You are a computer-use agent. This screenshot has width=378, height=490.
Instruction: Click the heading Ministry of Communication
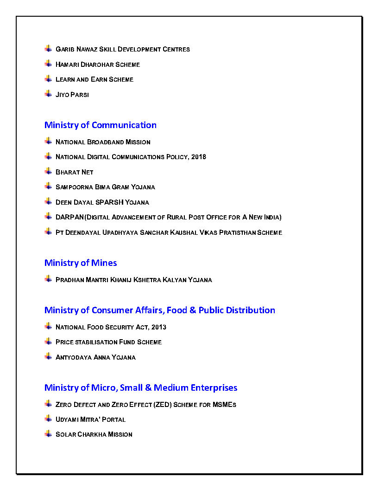click(x=101, y=125)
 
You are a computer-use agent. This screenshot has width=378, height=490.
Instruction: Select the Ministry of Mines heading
click(x=81, y=263)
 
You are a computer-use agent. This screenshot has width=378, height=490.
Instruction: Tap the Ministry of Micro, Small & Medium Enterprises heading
click(x=141, y=387)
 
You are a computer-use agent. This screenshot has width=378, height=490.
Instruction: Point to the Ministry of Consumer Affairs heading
click(x=160, y=310)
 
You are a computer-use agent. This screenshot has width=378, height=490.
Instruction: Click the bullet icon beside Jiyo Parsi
click(x=48, y=94)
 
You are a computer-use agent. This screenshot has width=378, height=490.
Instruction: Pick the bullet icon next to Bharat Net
click(x=48, y=171)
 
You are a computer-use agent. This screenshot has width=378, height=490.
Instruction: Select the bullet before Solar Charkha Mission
click(x=48, y=433)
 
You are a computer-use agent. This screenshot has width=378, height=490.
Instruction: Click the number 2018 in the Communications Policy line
click(x=199, y=157)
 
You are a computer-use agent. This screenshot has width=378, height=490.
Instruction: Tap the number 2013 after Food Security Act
click(x=158, y=327)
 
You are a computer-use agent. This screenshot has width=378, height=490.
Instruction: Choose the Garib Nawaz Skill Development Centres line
click(x=122, y=49)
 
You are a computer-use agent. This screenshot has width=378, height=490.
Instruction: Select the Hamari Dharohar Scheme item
click(x=97, y=64)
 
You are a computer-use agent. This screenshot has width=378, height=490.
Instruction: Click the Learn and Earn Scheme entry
click(x=94, y=79)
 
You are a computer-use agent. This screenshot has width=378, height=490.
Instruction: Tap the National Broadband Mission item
click(x=103, y=142)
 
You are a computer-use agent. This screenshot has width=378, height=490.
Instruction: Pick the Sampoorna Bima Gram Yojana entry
click(x=105, y=187)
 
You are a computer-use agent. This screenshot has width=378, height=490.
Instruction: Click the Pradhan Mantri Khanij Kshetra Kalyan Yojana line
click(x=133, y=280)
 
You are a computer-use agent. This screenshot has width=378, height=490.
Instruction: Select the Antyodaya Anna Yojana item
click(x=95, y=357)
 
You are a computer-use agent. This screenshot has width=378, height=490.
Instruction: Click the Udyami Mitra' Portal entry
click(x=90, y=419)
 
